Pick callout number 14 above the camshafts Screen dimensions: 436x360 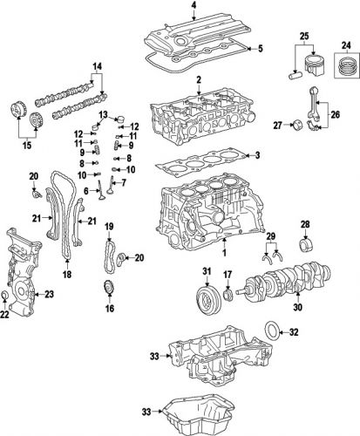98,68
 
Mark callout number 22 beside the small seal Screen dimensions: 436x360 6,317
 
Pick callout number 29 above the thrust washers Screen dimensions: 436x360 270,238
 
